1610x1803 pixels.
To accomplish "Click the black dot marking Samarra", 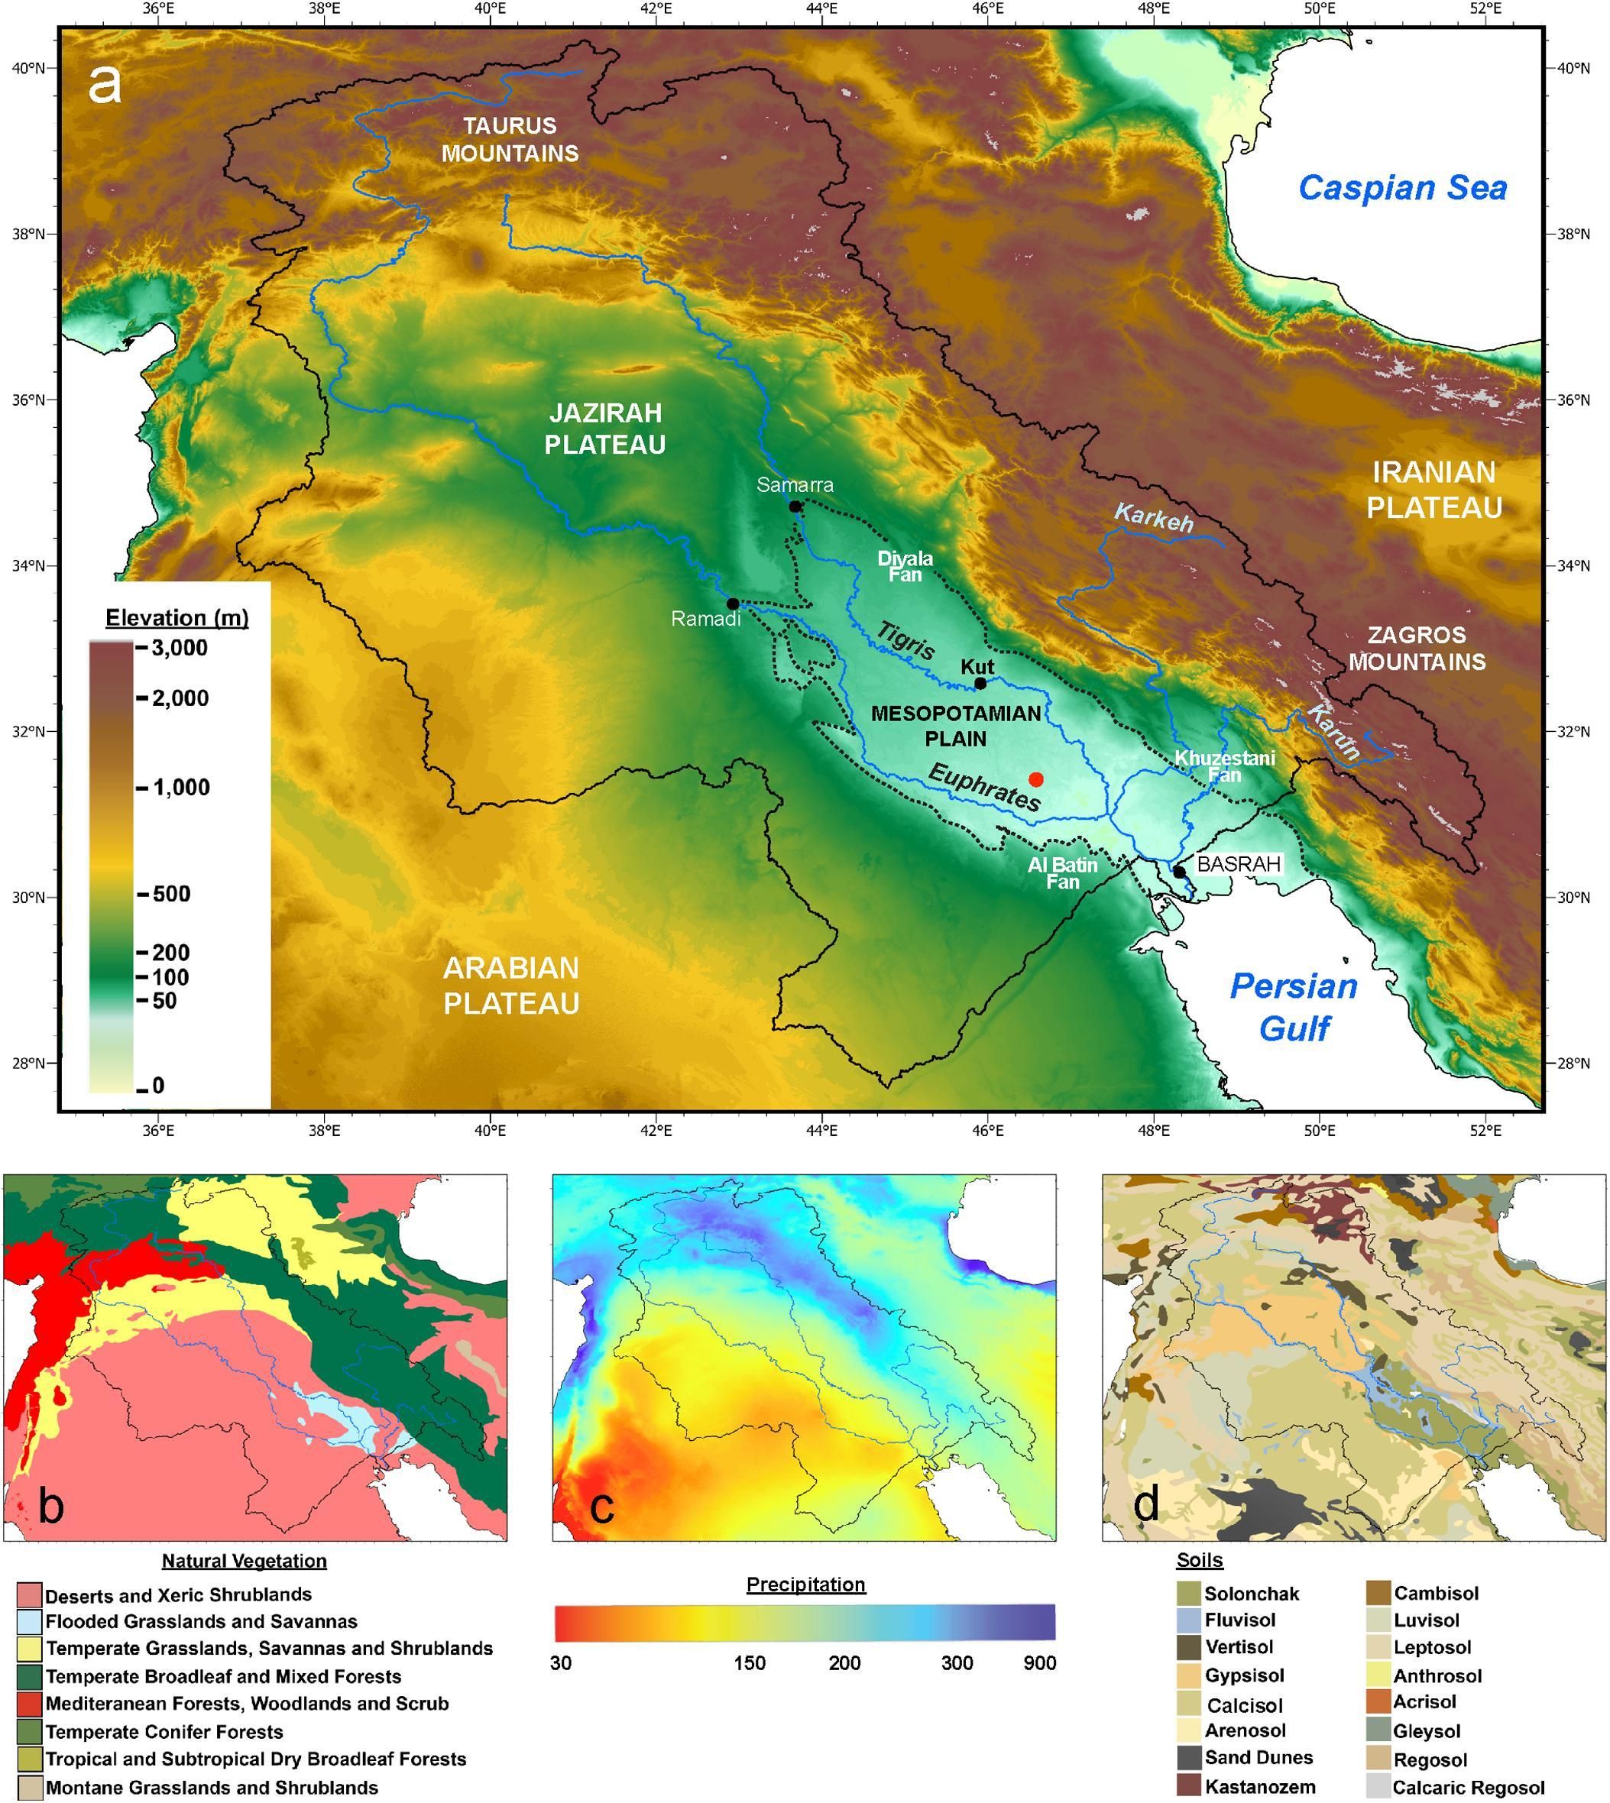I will coord(795,507).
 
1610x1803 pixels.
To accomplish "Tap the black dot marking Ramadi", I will coord(733,603).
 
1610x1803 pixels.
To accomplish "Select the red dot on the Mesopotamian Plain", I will coord(1037,779).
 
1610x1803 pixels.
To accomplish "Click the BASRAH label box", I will coord(1238,864).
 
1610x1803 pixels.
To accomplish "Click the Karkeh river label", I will coord(1154,517).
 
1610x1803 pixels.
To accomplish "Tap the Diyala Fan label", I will coord(904,567).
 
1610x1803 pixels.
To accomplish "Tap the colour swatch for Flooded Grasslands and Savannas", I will coord(29,1622).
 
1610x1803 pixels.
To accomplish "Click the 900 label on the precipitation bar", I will coord(1039,1663).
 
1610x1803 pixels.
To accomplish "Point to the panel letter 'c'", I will coord(601,1506).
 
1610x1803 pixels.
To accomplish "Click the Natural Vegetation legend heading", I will coord(245,1561).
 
